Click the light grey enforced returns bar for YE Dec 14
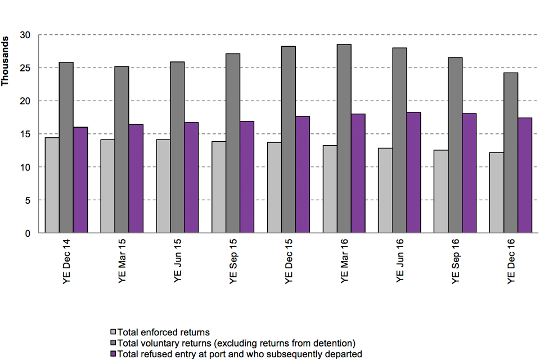coord(52,185)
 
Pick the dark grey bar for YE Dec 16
coord(511,152)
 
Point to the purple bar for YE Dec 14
coord(80,180)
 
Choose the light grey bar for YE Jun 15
coord(163,186)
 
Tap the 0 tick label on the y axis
coord(27,233)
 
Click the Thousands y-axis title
coord(6,61)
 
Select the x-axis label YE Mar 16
coord(345,262)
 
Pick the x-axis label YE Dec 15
coord(289,262)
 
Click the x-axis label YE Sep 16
coord(456,262)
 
